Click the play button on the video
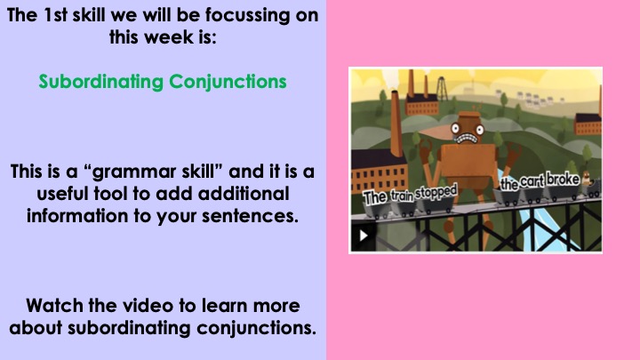(364, 236)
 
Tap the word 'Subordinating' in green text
(101, 82)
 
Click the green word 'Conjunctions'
(228, 82)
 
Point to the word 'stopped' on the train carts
(436, 192)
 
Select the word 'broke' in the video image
(563, 180)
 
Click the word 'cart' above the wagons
(532, 181)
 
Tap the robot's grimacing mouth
(465, 139)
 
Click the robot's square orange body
(468, 166)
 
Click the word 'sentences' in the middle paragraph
(249, 216)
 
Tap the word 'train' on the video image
(402, 196)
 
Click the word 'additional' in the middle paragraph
(244, 194)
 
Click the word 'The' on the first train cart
(375, 198)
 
